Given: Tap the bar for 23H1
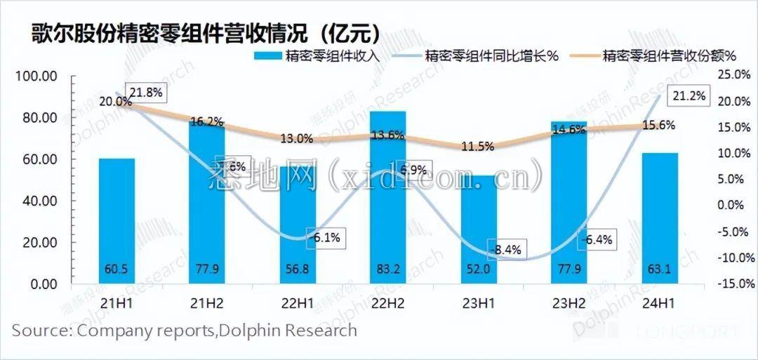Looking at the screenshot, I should click(x=478, y=232).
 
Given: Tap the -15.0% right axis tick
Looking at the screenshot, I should click(x=734, y=284).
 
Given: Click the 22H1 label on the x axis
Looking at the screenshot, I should click(x=297, y=304).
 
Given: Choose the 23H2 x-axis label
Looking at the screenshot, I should click(x=568, y=304).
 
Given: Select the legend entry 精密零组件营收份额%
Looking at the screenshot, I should click(x=668, y=57).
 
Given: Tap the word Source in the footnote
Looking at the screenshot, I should click(x=41, y=330).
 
